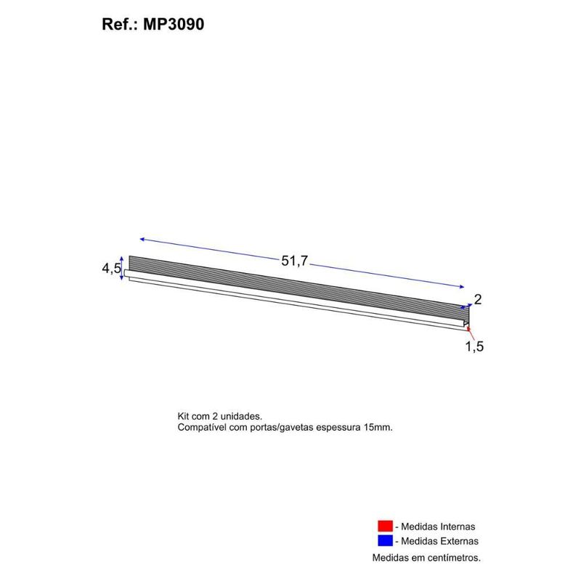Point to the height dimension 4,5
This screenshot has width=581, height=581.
111,269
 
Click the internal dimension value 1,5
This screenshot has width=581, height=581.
474,346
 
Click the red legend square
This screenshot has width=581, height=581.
385,527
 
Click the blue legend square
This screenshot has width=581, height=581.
385,541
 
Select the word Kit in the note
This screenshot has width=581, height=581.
184,417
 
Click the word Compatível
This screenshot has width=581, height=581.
203,428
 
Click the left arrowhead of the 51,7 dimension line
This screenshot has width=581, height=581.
142,239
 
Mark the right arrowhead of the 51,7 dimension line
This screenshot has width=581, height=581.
460,286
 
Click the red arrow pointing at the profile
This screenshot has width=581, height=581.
470,333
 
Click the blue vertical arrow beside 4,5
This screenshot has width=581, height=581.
122,268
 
